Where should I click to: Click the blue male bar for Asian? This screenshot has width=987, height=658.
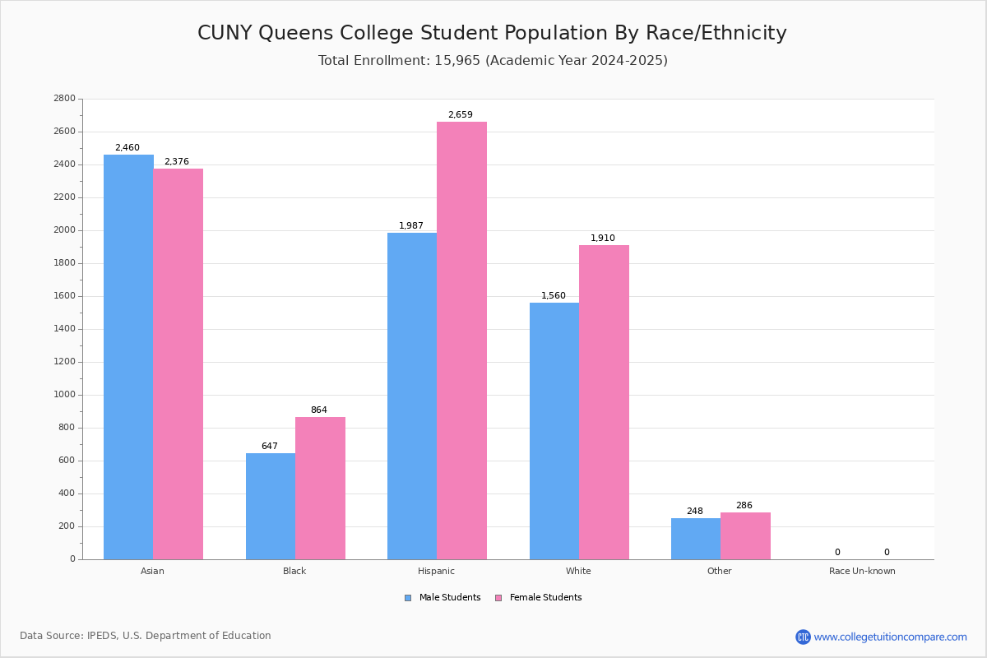click(128, 357)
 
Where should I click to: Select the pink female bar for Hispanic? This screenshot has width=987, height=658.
click(461, 341)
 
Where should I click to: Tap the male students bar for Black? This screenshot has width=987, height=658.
click(271, 506)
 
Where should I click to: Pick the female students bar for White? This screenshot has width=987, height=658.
click(604, 402)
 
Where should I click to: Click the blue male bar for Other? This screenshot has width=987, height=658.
click(696, 539)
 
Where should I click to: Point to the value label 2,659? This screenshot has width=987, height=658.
click(461, 115)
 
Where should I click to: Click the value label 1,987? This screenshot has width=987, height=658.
click(411, 226)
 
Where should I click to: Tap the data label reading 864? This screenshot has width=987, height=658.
click(319, 410)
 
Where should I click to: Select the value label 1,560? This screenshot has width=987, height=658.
click(554, 296)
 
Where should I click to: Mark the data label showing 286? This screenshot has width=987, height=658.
click(744, 506)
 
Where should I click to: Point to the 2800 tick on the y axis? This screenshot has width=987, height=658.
click(64, 99)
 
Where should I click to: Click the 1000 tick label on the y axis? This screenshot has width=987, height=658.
click(64, 395)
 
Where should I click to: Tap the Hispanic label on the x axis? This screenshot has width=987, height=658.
click(436, 571)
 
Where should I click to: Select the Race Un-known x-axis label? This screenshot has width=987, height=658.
click(862, 571)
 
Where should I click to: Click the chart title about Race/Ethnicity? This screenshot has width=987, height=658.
click(492, 33)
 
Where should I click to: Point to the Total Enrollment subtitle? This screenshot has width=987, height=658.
click(493, 61)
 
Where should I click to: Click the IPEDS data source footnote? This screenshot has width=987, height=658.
click(146, 636)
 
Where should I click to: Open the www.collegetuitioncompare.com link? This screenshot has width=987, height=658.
click(890, 637)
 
